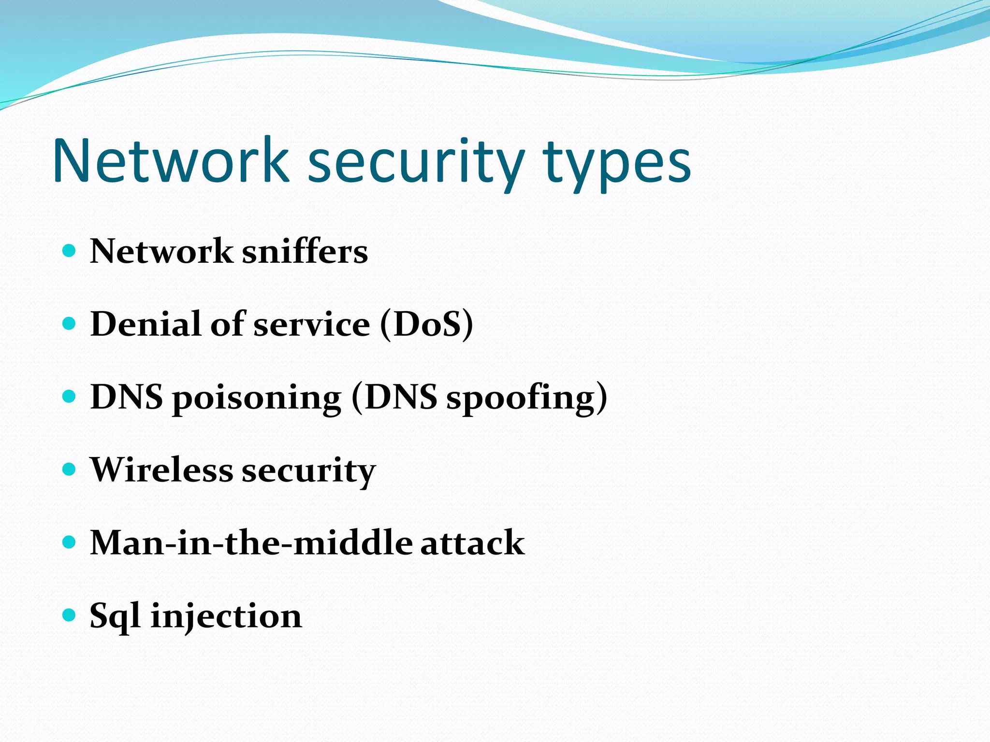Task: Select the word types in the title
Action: pos(617,164)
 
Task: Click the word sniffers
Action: pos(305,252)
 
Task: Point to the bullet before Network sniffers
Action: pos(70,250)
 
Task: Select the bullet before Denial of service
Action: pos(70,323)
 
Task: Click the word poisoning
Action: pos(257,398)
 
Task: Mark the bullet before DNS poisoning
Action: pos(70,396)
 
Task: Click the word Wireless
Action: pos(162,470)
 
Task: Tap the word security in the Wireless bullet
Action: pos(308,471)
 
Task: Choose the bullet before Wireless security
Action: pos(70,469)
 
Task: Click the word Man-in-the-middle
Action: pos(251,542)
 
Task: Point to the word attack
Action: pos(472,542)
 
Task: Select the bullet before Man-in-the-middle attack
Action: pos(70,542)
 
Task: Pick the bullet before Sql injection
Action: pos(70,615)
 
